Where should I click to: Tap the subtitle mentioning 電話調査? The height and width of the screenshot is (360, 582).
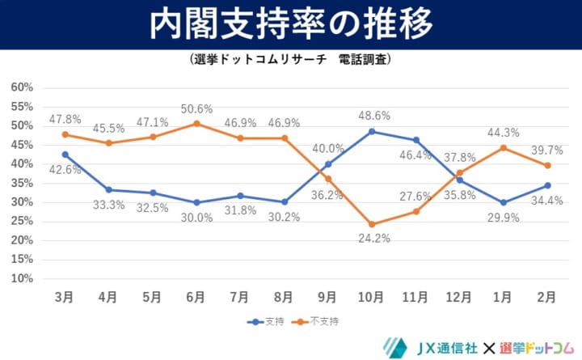(291, 60)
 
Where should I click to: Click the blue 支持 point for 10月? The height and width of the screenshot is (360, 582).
(372, 131)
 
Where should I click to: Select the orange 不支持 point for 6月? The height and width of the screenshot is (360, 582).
(196, 124)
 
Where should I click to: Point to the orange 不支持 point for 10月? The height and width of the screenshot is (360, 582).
(372, 224)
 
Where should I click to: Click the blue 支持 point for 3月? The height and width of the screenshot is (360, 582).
(65, 154)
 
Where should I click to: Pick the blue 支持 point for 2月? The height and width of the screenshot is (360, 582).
(548, 185)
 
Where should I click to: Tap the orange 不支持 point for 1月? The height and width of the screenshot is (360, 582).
(504, 147)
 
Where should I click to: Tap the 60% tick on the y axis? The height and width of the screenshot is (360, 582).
(21, 87)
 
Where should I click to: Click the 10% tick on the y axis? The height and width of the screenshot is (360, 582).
(21, 278)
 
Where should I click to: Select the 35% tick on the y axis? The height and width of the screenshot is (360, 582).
(21, 183)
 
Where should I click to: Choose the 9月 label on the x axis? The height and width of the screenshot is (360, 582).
(327, 297)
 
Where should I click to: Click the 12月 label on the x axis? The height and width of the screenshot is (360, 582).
(459, 297)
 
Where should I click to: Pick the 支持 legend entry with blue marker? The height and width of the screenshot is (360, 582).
(271, 321)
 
